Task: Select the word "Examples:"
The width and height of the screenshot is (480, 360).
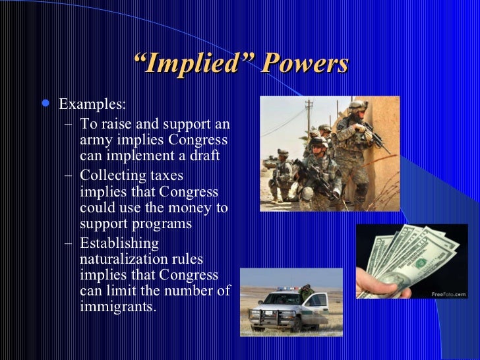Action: click(92, 105)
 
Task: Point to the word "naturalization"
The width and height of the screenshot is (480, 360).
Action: click(123, 259)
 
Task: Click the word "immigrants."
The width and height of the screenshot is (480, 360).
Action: click(118, 307)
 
